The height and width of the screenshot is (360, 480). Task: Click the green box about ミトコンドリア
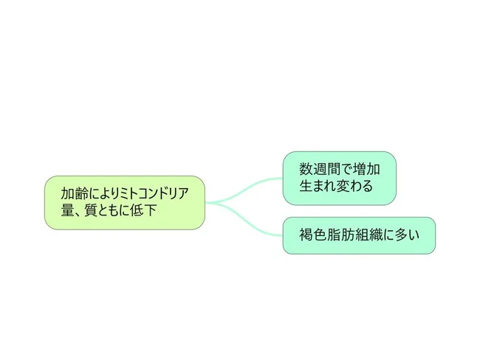pyautogui.click(x=125, y=202)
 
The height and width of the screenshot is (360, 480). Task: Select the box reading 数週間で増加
pyautogui.click(x=339, y=178)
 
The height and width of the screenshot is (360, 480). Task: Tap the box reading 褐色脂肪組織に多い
pyautogui.click(x=359, y=235)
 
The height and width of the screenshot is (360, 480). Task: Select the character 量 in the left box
pyautogui.click(x=67, y=210)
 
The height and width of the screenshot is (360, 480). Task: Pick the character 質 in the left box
pyautogui.click(x=91, y=210)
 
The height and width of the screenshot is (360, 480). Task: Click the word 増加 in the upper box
pyautogui.click(x=367, y=169)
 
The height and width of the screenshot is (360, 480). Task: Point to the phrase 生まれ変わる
pyautogui.click(x=336, y=186)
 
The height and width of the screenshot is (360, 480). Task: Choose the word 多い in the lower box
pyautogui.click(x=407, y=235)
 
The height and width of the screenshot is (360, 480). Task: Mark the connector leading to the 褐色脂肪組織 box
pyautogui.click(x=244, y=218)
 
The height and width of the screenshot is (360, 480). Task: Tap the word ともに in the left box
pyautogui.click(x=114, y=210)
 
